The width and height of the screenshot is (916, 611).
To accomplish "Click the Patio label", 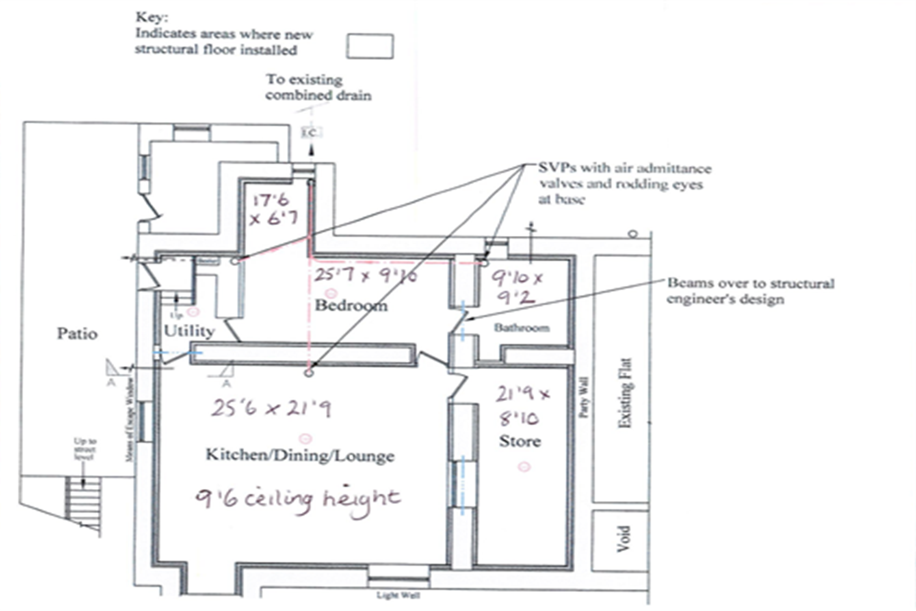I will [77, 334].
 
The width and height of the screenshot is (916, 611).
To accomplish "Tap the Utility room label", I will [189, 331].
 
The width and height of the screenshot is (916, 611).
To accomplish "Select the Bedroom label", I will [351, 305].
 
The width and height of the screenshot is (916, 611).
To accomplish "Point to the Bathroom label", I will [522, 327].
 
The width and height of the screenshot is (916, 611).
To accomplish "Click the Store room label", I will [520, 441].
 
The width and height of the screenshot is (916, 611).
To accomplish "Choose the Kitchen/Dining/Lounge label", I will [300, 455].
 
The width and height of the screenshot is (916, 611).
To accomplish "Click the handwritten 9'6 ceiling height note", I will [297, 500].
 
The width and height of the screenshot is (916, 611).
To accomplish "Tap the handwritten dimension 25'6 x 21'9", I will [271, 408].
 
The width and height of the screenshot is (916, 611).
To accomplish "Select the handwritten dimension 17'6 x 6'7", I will [273, 209].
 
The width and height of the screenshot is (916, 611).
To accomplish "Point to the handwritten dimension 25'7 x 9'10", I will [365, 276].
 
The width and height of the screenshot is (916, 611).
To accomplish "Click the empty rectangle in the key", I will [370, 46].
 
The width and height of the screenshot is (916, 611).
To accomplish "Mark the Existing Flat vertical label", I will [624, 393].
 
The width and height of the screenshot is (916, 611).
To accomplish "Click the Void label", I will [623, 538].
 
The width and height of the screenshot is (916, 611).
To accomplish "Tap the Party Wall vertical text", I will [584, 397].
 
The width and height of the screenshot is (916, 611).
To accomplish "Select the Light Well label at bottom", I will [398, 595].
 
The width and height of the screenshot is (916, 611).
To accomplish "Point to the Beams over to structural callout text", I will [750, 291].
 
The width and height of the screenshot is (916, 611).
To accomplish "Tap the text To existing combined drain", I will [318, 87].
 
